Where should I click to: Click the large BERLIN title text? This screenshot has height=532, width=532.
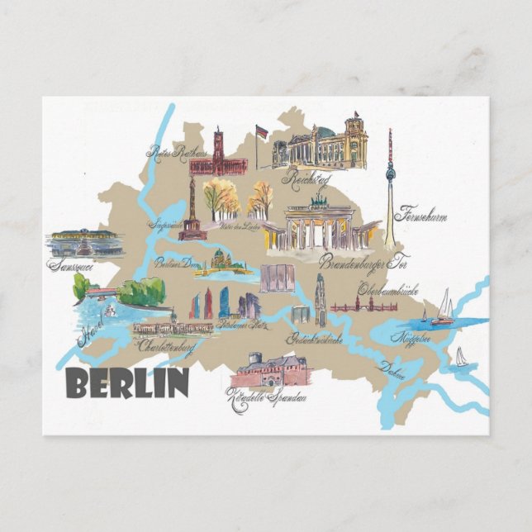[126, 382]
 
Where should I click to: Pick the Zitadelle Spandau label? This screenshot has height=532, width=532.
[267, 398]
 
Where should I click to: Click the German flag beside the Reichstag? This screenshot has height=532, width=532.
[262, 131]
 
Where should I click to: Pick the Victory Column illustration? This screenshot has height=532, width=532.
[193, 214]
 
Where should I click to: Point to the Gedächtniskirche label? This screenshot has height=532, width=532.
[314, 338]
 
